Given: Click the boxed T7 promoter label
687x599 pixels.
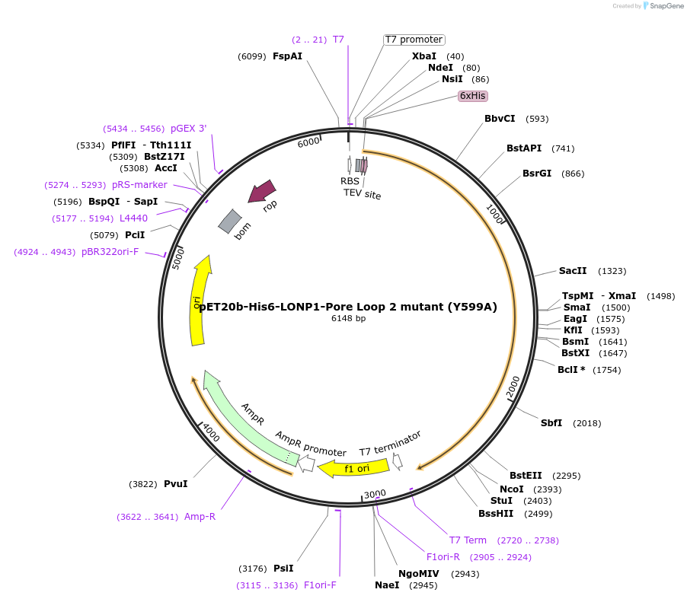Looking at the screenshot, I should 414,40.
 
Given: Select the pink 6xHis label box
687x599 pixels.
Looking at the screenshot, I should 472,96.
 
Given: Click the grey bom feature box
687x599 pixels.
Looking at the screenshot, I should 230,221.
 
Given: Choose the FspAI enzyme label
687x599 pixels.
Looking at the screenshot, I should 287,56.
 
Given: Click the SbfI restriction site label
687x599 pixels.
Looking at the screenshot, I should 551,423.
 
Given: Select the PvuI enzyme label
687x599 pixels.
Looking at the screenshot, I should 175,484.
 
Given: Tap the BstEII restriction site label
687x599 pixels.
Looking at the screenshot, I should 526,476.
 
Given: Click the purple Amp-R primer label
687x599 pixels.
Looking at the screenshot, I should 200,517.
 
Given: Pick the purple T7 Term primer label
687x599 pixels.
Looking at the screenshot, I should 468,540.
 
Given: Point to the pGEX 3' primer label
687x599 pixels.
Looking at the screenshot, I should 188,129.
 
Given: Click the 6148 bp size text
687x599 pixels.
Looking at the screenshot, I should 348,318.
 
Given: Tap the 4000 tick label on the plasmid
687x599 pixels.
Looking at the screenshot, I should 209,433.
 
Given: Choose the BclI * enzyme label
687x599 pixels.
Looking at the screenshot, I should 571,370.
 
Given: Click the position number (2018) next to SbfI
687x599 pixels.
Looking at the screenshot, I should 586,423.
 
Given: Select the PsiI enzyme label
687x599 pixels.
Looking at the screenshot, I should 283,569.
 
